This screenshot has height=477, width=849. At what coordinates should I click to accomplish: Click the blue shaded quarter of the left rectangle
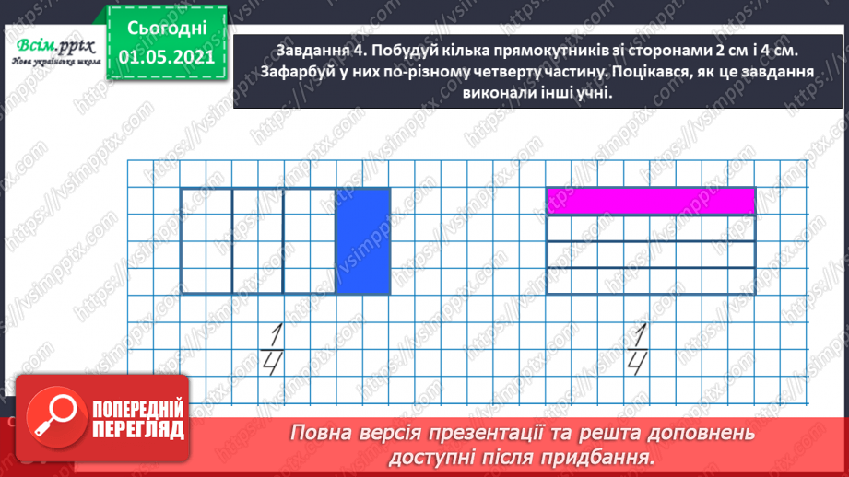point(363,241)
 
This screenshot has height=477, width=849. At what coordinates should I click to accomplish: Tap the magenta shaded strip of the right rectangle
point(651,201)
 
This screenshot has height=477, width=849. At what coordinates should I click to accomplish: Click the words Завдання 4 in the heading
point(314,51)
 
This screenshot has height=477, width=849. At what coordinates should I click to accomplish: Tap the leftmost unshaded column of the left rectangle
point(206,241)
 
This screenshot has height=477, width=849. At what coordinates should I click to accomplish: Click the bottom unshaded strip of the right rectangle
point(651,281)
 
